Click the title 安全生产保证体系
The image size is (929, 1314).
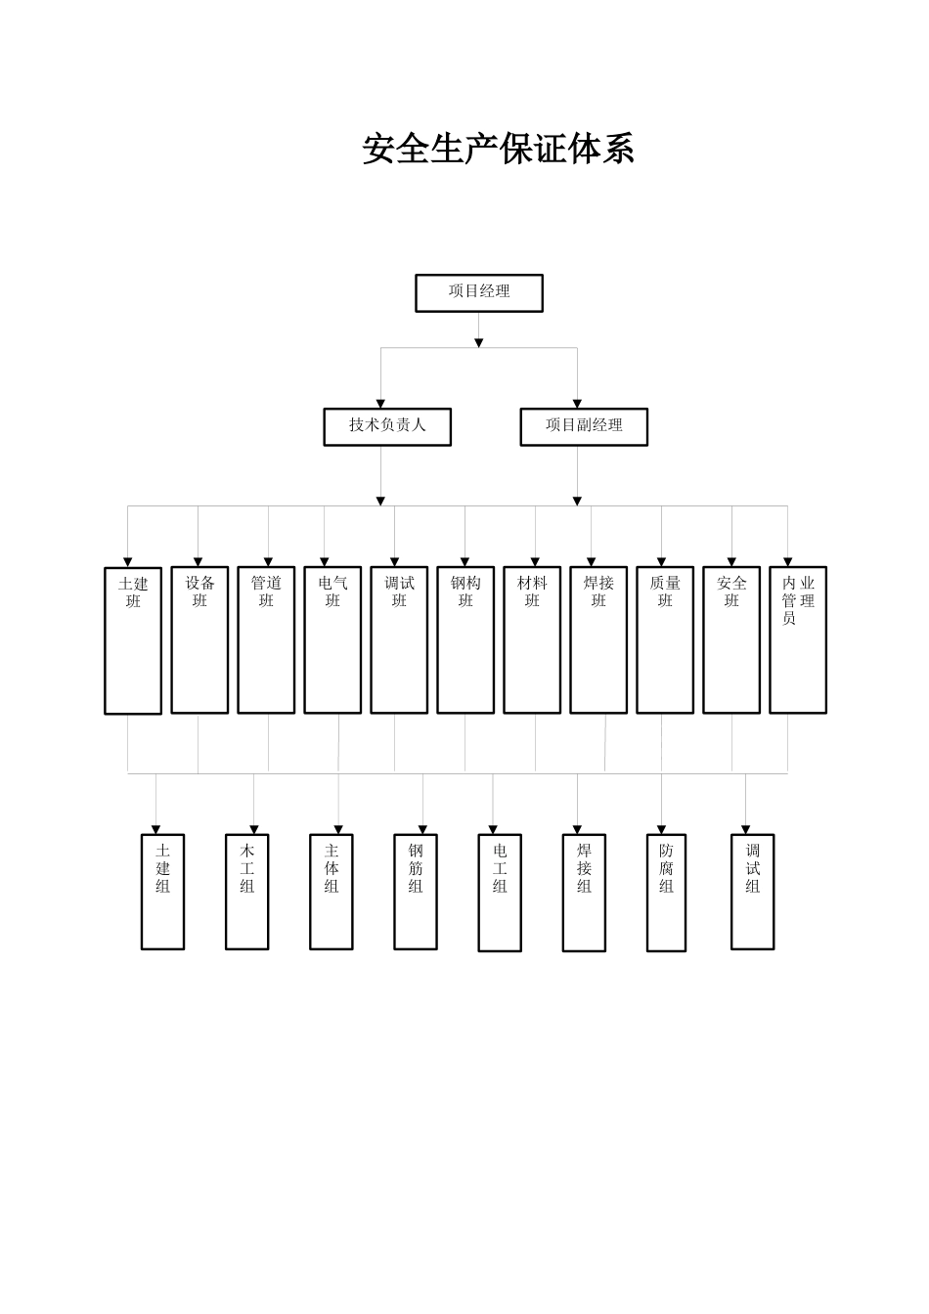(x=498, y=150)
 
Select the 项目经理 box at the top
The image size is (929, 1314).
(x=479, y=293)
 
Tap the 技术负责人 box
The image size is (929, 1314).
(x=387, y=426)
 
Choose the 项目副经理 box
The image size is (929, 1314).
(x=584, y=426)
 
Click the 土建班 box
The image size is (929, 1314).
(x=133, y=640)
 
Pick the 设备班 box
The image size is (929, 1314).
(x=199, y=639)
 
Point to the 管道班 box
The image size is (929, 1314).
(x=266, y=639)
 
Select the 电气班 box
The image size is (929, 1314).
(x=332, y=639)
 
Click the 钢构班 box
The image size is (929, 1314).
(x=465, y=639)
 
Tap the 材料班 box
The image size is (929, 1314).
(x=532, y=639)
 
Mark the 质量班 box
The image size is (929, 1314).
(x=665, y=639)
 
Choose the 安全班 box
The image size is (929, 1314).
(x=731, y=639)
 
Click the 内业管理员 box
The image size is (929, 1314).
(x=798, y=639)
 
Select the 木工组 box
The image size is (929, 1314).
(x=247, y=891)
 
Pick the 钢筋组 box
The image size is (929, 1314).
(x=416, y=891)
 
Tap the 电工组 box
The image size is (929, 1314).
(x=500, y=892)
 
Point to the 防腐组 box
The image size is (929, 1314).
(x=667, y=892)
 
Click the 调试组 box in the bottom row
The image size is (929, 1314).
(x=753, y=891)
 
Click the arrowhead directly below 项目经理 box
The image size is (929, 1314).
(x=479, y=342)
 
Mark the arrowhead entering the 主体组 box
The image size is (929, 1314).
(x=339, y=830)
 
